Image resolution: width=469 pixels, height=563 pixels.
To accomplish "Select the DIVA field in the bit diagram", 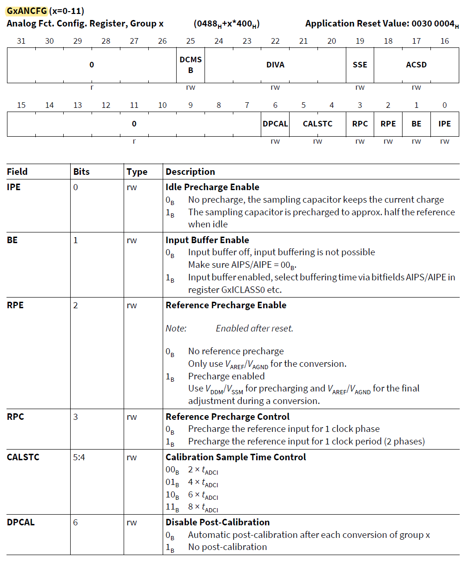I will coord(275,65).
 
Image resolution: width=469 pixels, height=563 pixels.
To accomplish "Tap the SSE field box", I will coord(360,65).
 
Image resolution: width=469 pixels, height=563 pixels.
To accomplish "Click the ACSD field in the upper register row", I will coord(416,65).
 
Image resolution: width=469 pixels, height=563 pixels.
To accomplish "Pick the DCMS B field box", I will coord(191,65).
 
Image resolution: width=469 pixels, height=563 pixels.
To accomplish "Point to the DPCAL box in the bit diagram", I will coord(275,124).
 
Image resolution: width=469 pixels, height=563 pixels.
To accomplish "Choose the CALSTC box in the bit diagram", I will coord(317,124).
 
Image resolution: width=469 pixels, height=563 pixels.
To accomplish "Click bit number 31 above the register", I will coord(21,41).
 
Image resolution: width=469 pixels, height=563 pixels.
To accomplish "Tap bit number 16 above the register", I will coord(445,41).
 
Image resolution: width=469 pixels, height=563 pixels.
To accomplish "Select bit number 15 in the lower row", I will coord(21,105).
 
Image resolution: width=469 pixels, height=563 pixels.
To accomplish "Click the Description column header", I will coord(190,172).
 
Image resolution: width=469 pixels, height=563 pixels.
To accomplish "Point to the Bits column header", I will coord(81,172).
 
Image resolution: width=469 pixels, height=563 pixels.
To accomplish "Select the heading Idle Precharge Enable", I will coord(212,187).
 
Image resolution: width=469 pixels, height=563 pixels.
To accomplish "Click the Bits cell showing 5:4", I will coord(79,457).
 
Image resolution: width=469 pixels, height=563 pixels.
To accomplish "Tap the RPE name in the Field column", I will coord(15,305).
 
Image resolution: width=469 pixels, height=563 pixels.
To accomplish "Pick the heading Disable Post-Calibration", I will coord(218,522).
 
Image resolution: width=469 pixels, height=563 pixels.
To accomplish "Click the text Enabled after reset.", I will coord(254,328).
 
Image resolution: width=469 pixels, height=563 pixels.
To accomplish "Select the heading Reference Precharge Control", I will coord(227,417).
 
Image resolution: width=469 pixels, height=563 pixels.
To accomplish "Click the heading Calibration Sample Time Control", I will coord(236,457).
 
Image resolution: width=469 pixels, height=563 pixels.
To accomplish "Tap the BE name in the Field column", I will coord(12,240).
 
